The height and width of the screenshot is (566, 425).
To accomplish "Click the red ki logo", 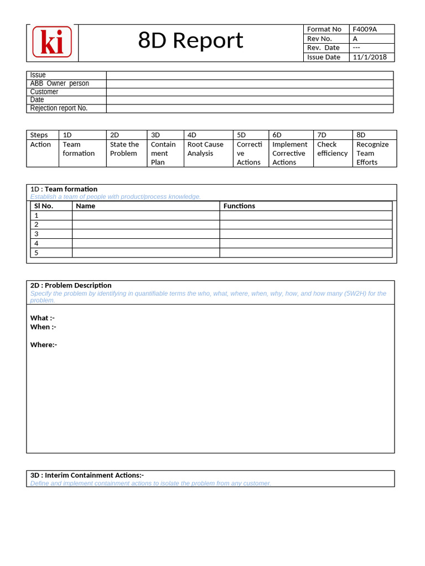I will tap(52, 42).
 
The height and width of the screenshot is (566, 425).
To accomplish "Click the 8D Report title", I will tap(190, 41).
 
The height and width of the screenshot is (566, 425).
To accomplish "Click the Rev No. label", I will tap(319, 39).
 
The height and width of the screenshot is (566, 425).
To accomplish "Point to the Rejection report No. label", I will tap(59, 108).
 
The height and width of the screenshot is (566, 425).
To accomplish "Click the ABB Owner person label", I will tap(59, 83).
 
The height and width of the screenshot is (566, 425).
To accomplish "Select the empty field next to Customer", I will tap(249, 92).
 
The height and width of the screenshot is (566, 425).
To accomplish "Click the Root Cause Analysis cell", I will tap(205, 149).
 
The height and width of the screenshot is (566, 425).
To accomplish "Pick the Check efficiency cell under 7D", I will tap(332, 149).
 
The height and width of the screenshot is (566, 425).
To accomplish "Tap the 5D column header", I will tap(241, 135).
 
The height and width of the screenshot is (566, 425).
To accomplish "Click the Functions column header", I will tap(239, 206).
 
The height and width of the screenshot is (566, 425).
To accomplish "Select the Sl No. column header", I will tap(44, 206).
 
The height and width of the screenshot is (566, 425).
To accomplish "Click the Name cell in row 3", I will tap(146, 234).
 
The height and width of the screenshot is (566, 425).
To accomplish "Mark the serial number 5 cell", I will tap(37, 253).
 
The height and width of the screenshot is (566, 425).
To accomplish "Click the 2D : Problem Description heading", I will tap(71, 285).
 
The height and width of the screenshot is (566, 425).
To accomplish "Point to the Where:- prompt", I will tap(44, 345).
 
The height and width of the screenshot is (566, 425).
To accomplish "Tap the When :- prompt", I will tap(43, 327).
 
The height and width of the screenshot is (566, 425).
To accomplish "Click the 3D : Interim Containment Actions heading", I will tap(87, 475).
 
